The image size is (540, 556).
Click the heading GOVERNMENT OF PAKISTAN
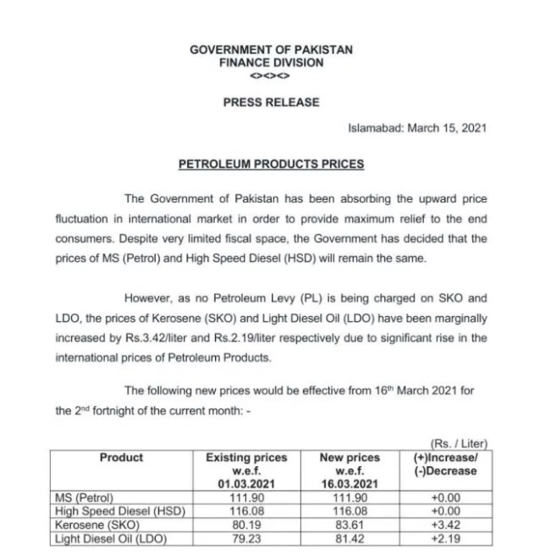tap(271, 50)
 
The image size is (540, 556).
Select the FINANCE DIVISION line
tap(271, 63)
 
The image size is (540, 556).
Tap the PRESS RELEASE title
tap(271, 102)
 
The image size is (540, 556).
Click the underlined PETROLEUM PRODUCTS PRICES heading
tap(271, 164)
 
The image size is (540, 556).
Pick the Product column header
tap(121, 458)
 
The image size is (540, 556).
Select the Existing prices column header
tap(246, 470)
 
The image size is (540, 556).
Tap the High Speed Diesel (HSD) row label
tap(118, 510)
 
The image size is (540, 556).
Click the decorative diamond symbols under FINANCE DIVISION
tap(271, 75)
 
